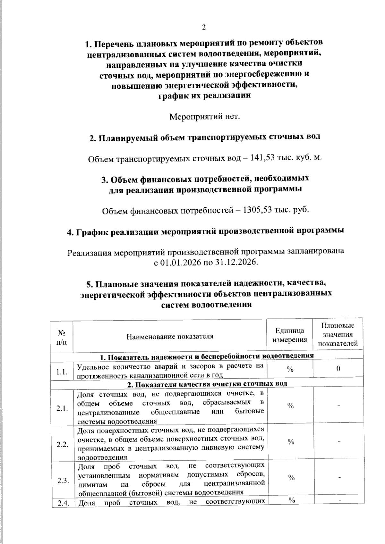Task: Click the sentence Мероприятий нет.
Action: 205,116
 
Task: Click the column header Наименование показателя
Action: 170,337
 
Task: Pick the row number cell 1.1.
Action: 62,372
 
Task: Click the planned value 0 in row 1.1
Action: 338,369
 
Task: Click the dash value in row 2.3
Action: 338,478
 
